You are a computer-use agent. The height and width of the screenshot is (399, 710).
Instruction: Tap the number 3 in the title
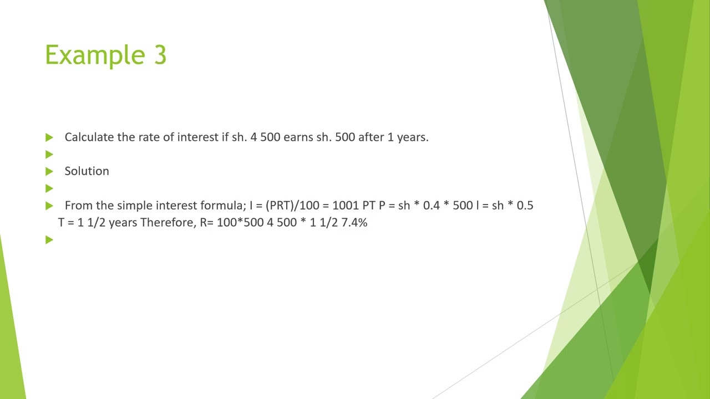point(159,55)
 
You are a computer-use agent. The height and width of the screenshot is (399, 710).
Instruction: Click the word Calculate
point(89,137)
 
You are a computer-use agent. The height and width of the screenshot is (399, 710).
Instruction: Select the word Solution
point(87,171)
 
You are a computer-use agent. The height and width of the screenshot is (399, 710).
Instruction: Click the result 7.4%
point(354,223)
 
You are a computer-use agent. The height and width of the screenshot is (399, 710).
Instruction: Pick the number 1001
point(346,206)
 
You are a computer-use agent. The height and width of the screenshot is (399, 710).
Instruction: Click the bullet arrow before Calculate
point(49,137)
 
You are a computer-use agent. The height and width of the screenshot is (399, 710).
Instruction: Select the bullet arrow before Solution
point(49,171)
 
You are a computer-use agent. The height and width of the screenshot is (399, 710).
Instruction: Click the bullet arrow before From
point(49,206)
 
